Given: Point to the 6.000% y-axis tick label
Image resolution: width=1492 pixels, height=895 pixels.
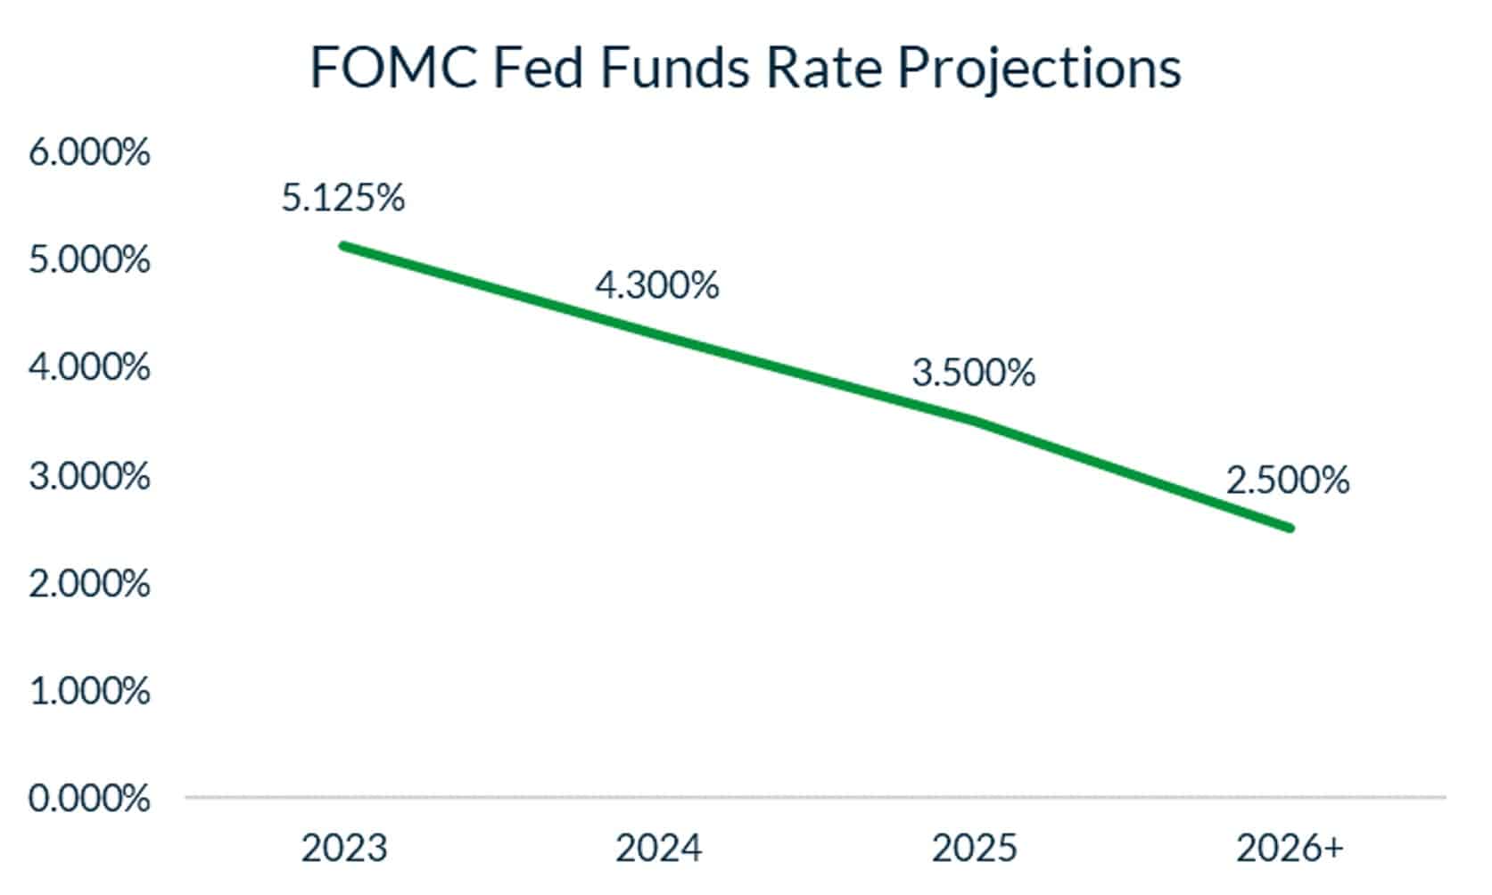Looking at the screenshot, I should click(89, 152).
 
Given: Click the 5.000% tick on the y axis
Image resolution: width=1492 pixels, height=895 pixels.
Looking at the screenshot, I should click(89, 260).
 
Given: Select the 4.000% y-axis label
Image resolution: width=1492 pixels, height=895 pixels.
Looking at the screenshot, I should click(89, 367).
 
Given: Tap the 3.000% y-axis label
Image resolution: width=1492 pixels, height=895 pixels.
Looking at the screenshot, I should click(89, 476).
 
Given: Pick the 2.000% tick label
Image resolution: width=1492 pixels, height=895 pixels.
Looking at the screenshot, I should click(89, 584).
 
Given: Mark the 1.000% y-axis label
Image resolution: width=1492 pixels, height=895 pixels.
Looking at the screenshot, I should click(89, 691).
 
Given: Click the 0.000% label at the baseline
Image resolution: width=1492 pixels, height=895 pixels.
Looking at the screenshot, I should click(89, 798).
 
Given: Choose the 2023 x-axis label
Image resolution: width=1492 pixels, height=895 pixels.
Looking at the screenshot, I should click(344, 848).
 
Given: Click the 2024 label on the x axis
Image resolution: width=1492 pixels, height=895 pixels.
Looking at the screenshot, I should click(659, 848).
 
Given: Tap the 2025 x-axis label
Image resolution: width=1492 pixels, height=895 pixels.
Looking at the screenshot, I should click(974, 848).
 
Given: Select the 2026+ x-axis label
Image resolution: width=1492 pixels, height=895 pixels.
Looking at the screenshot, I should click(1290, 848).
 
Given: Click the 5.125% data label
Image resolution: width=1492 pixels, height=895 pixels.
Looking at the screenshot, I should click(343, 198).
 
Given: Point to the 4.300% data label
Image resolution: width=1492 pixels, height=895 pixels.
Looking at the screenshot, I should click(657, 285).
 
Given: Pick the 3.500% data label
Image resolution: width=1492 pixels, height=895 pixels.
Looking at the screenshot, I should click(974, 373).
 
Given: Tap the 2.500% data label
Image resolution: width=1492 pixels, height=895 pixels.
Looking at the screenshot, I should click(1288, 480).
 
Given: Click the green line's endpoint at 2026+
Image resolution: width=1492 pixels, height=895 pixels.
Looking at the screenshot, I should click(1289, 528).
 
